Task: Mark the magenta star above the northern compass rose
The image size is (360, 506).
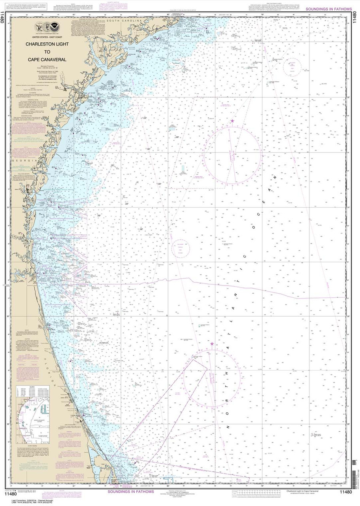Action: [x=232, y=121]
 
